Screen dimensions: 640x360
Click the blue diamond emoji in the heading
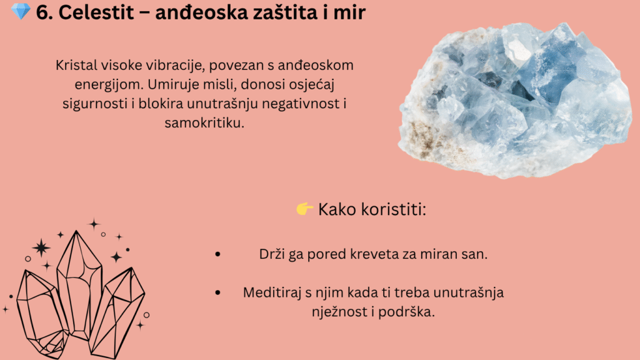pyautogui.click(x=21, y=11)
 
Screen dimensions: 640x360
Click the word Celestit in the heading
pyautogui.click(x=96, y=12)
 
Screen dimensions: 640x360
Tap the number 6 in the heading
pyautogui.click(x=42, y=12)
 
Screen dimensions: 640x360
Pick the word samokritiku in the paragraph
pyautogui.click(x=204, y=123)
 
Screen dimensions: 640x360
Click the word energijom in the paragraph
pyautogui.click(x=109, y=85)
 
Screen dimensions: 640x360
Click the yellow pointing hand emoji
pyautogui.click(x=304, y=209)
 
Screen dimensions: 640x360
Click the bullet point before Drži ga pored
pyautogui.click(x=217, y=254)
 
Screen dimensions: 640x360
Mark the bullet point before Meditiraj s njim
pyautogui.click(x=217, y=292)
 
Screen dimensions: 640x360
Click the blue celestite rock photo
pyautogui.click(x=515, y=101)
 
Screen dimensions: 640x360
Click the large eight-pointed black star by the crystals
pyautogui.click(x=41, y=247)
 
